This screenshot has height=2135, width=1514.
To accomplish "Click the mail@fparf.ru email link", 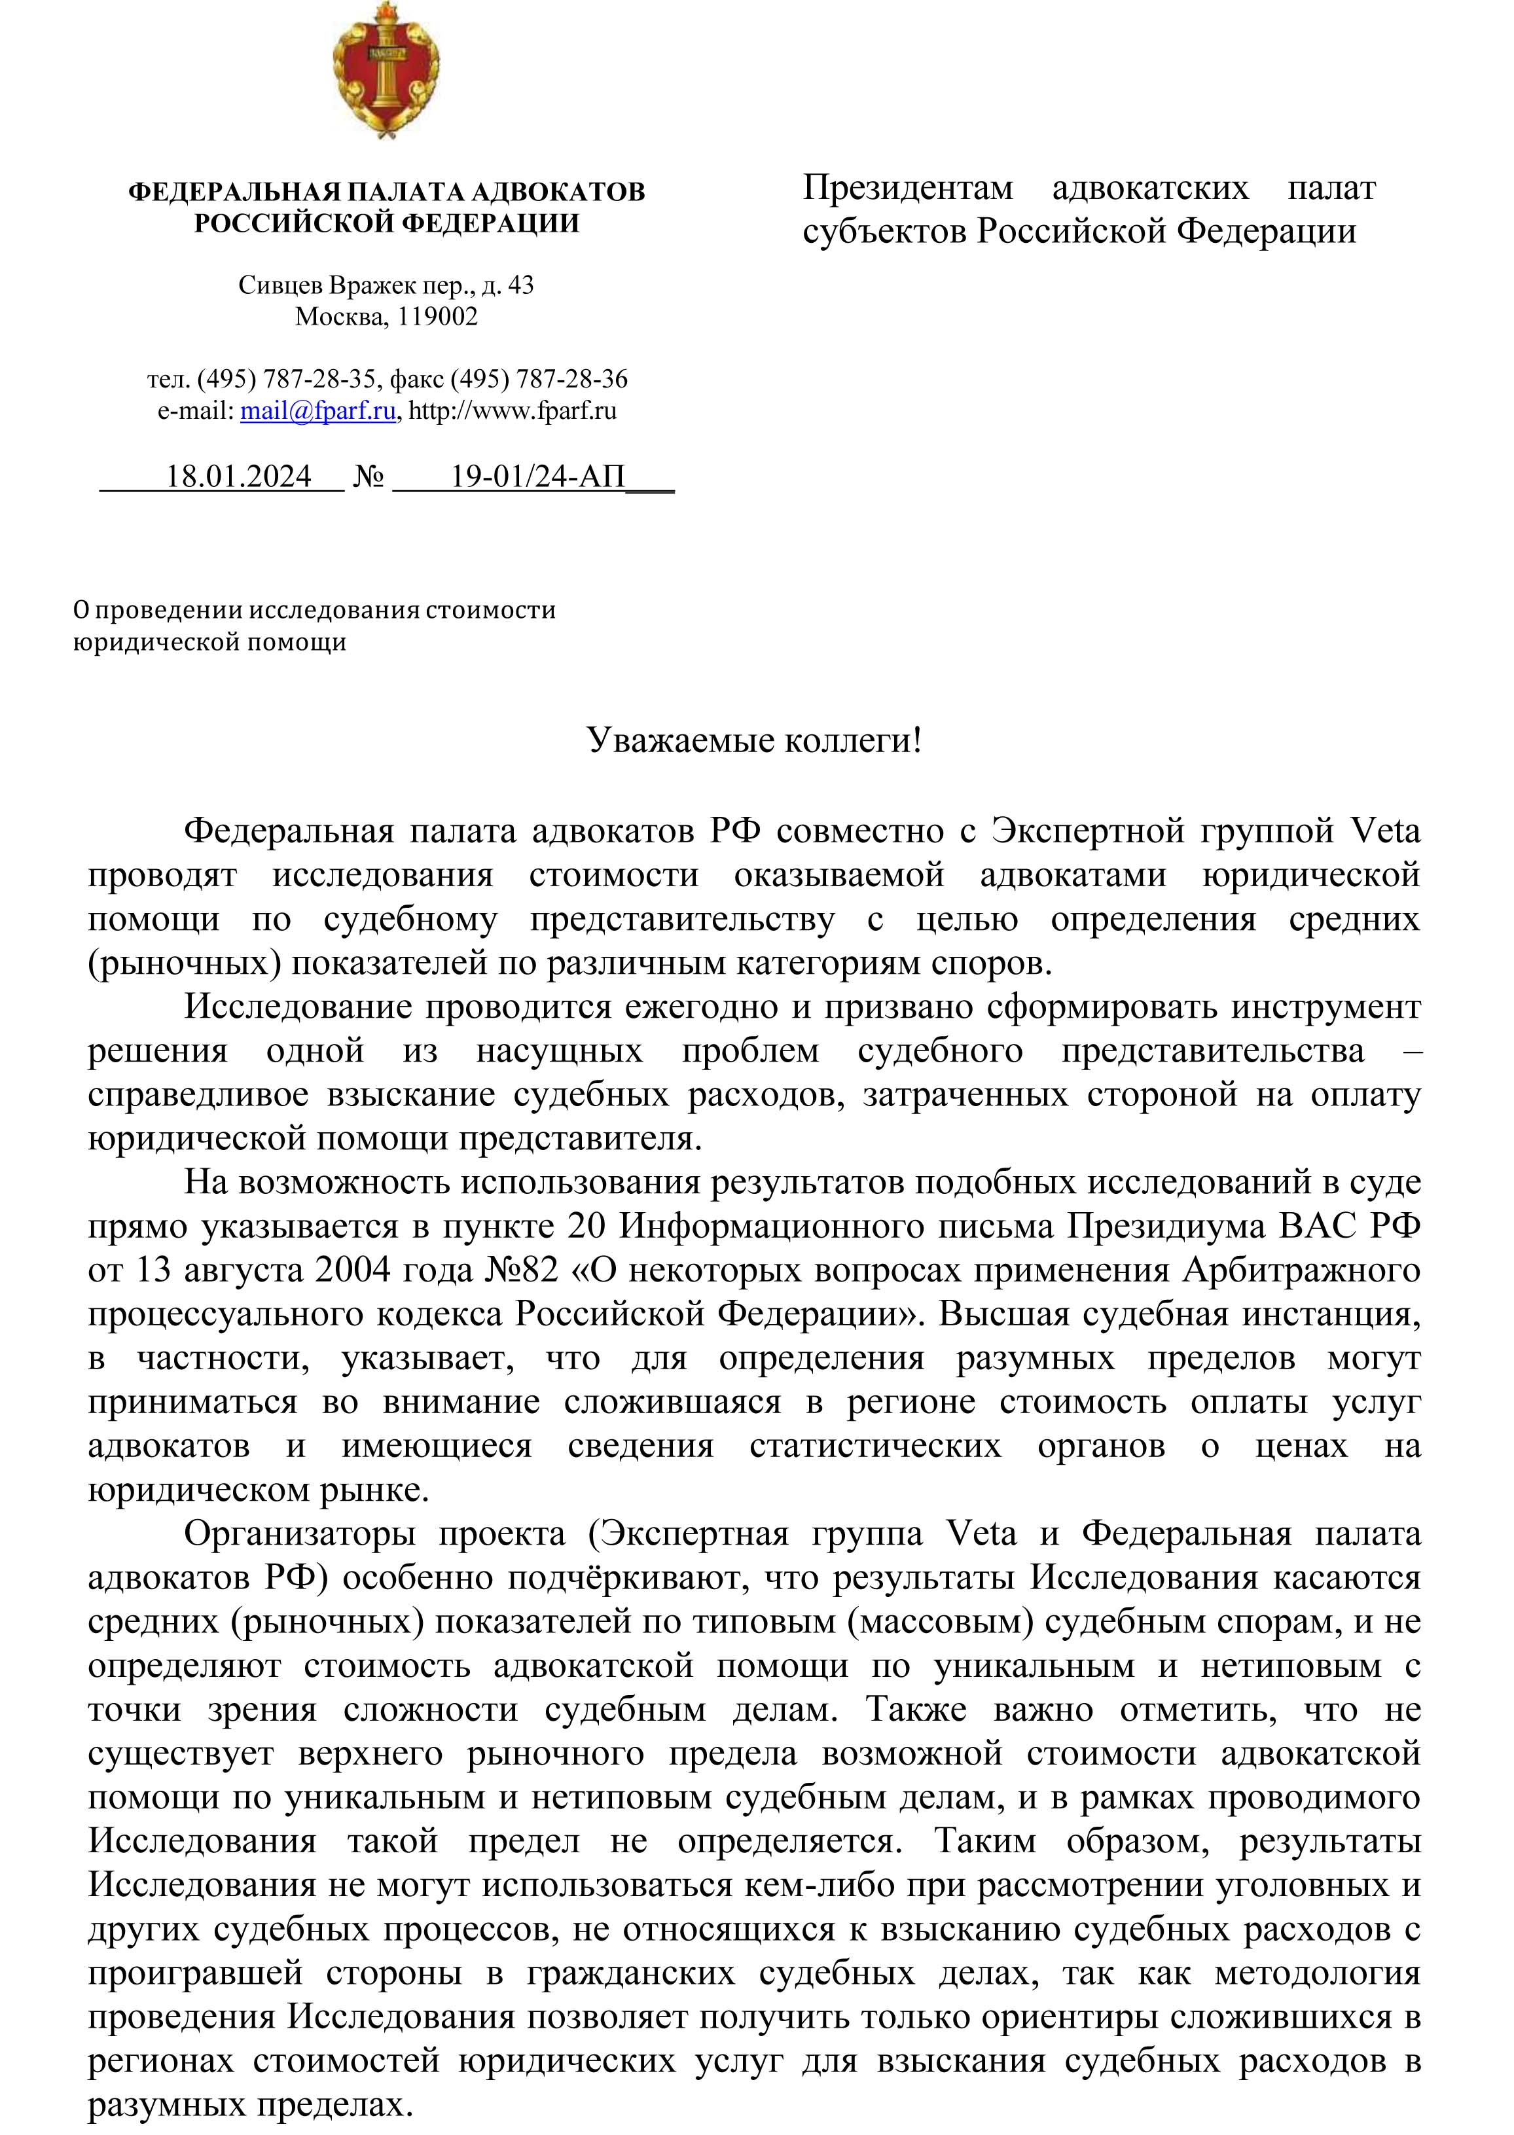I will [318, 411].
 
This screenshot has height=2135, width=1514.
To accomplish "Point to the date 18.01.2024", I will [239, 477].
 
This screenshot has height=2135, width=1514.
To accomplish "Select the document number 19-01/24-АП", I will [538, 477].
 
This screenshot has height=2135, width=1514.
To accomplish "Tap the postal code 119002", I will [438, 317].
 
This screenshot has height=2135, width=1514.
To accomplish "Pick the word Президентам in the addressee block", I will [907, 189].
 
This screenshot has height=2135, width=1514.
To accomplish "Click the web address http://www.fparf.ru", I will [513, 411].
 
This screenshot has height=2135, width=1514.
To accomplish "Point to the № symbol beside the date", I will [369, 477].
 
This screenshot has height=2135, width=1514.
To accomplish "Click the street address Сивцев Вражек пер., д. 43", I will [386, 285].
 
